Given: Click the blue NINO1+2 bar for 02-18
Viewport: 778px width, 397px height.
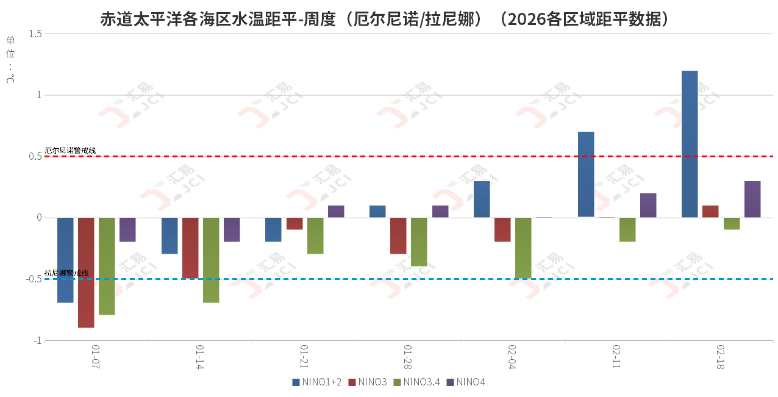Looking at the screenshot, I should click(x=690, y=144).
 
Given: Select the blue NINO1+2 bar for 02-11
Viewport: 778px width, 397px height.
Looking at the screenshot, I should click(x=586, y=174).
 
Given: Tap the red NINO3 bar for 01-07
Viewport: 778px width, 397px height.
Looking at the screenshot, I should click(x=86, y=273).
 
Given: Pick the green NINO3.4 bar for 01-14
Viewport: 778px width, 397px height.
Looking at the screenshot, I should click(x=211, y=260).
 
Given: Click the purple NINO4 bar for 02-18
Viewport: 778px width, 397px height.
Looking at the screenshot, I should click(x=752, y=199).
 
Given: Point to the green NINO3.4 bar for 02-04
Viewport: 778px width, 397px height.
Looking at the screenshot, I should click(x=523, y=248).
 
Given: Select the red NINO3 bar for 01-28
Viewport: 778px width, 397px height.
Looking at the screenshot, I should click(x=398, y=235).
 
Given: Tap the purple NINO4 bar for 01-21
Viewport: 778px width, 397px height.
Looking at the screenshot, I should click(x=336, y=212).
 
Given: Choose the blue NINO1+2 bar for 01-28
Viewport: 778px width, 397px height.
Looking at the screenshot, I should click(x=377, y=212).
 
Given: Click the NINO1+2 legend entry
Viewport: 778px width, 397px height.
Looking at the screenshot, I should click(x=317, y=382).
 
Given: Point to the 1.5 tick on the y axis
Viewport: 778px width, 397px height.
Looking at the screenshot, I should click(x=35, y=34).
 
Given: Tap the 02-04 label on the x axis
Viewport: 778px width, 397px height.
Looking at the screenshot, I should click(x=512, y=357).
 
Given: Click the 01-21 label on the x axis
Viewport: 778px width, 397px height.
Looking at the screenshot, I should click(x=304, y=357).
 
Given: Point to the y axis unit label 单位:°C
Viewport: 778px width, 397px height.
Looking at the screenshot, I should click(x=10, y=59).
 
